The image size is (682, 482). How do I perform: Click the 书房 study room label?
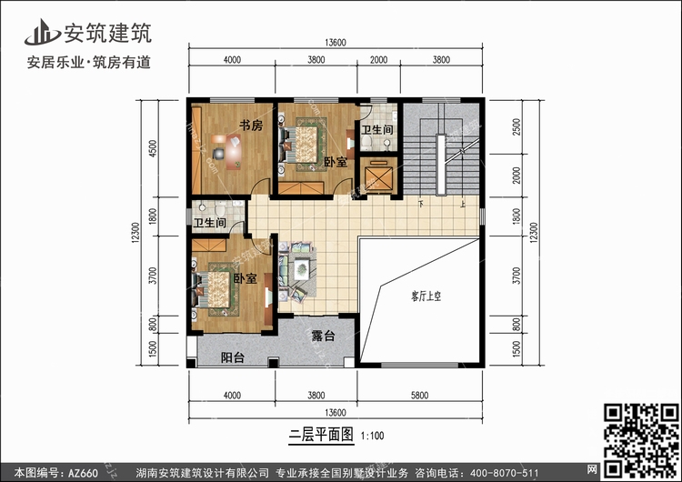(251, 126)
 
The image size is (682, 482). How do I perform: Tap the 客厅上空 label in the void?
(426, 296)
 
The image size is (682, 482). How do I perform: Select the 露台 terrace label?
(323, 336)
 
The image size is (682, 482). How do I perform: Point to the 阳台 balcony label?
(233, 357)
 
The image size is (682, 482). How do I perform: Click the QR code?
(641, 440)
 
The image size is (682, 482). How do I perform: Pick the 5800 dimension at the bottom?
(420, 395)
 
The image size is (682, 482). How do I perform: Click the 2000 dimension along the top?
(378, 60)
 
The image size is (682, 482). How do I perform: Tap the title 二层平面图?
(321, 435)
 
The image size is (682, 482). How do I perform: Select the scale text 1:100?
(373, 436)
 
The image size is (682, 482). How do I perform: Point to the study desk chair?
(219, 154)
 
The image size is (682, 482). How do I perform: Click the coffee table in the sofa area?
(301, 270)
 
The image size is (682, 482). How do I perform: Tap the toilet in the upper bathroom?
(366, 142)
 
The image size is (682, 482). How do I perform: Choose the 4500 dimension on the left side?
(153, 148)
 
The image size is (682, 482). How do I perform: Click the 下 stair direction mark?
(421, 203)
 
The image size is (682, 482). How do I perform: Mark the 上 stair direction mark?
(463, 203)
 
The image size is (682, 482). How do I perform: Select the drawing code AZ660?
(83, 473)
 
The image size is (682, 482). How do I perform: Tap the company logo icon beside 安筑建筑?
(42, 32)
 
